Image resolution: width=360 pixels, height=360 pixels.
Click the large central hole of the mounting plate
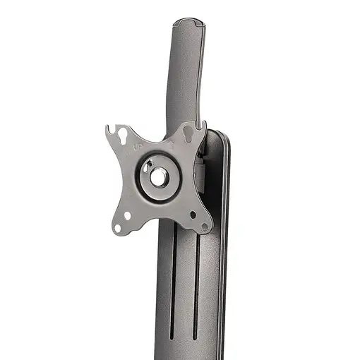tap(158, 176)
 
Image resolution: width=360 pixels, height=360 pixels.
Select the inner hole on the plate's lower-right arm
tap(193, 215)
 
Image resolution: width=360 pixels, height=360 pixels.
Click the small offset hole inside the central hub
tap(147, 168)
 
